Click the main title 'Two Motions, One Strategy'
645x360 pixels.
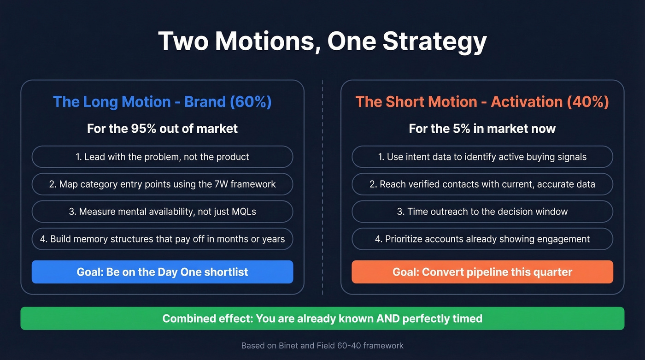pos(322,42)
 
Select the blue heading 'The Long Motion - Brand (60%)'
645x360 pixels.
pos(162,101)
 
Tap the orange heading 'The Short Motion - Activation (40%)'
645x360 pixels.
pos(482,101)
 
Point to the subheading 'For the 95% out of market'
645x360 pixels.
pos(162,128)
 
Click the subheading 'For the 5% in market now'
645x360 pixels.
pos(482,128)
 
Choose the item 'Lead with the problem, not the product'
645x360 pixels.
pos(162,157)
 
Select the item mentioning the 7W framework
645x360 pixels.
pos(162,184)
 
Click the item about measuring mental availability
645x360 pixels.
pos(162,212)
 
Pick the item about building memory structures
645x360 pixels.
pos(162,239)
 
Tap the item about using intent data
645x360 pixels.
pos(482,157)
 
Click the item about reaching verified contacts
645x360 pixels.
pos(482,184)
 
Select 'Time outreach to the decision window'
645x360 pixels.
pos(482,212)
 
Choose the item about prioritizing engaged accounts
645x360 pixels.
pos(482,239)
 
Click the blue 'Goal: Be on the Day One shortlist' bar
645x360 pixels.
pos(162,272)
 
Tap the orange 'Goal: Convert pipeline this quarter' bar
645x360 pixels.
pos(482,272)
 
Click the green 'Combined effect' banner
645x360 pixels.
pos(322,319)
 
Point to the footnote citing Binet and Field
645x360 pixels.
pos(322,345)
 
